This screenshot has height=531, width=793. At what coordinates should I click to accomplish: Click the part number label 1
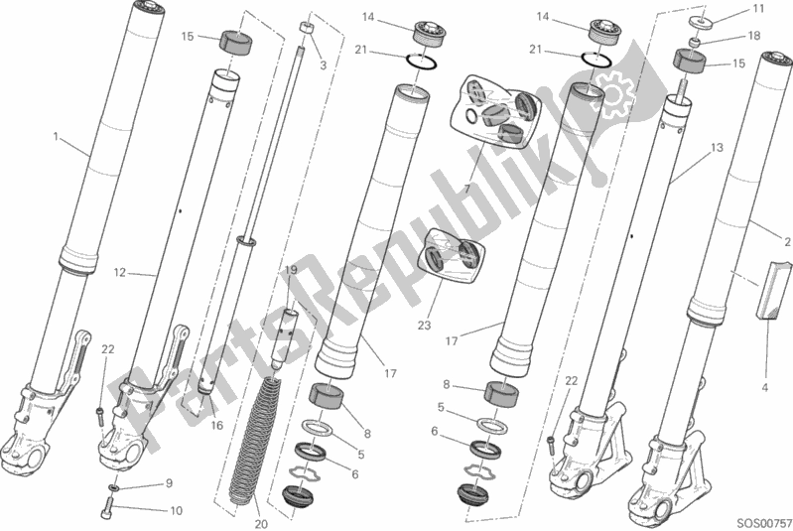[57, 136]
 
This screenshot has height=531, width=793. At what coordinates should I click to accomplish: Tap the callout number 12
[120, 273]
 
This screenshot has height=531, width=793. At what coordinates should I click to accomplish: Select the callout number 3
[324, 66]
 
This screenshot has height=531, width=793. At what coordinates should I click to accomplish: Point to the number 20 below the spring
[261, 524]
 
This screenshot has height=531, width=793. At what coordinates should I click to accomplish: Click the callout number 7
[466, 190]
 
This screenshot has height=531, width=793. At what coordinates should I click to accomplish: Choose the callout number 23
[424, 325]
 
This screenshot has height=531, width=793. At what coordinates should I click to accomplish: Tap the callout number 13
[717, 148]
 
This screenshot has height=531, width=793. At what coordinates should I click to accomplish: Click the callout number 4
[764, 388]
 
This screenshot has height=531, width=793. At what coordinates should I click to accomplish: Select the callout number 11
[758, 9]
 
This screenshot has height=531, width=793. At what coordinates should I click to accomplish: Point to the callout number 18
[753, 36]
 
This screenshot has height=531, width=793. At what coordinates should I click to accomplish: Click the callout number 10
[176, 511]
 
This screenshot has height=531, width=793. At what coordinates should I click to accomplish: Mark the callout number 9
[169, 483]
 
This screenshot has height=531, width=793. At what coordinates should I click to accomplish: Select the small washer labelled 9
[115, 487]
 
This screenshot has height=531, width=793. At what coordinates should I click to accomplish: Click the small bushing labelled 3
[306, 28]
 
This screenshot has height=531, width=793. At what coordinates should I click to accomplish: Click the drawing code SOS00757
[763, 522]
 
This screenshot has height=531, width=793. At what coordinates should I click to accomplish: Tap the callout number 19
[290, 270]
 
